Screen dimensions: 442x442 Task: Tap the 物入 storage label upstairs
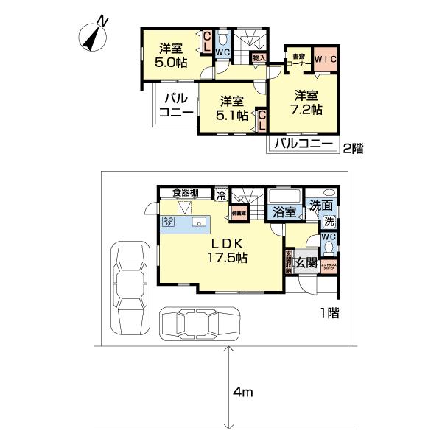[258, 57]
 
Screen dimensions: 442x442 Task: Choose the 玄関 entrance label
[306, 262]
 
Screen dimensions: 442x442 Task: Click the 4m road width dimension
[243, 393]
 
